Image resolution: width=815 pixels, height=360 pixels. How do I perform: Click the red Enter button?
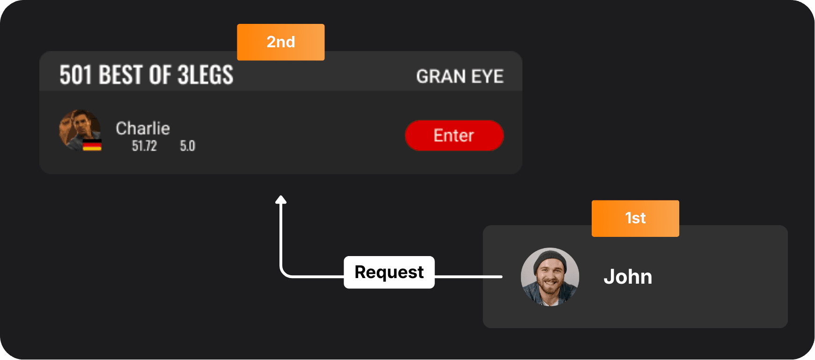click(454, 135)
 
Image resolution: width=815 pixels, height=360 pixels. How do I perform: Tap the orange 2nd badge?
click(281, 42)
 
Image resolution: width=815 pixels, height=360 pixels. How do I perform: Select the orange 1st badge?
click(635, 218)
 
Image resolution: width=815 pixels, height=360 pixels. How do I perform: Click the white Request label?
click(389, 272)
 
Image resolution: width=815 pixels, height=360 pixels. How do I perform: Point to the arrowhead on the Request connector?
click(281, 200)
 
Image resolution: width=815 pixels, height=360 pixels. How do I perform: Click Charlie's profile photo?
click(79, 129)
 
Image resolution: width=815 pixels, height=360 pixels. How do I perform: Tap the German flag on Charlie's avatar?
click(92, 145)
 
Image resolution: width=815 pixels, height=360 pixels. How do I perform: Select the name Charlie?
click(143, 128)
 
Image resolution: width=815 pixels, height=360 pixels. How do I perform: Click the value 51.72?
click(144, 146)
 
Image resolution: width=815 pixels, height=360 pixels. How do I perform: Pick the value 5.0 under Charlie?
click(187, 146)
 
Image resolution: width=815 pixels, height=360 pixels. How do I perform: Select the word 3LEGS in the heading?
click(206, 75)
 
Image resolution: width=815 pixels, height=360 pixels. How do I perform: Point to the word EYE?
click(487, 76)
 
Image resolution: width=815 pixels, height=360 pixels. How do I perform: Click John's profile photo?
click(550, 277)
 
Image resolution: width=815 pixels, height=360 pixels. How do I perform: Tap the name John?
click(628, 277)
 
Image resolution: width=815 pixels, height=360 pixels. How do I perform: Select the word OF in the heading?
click(160, 75)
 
